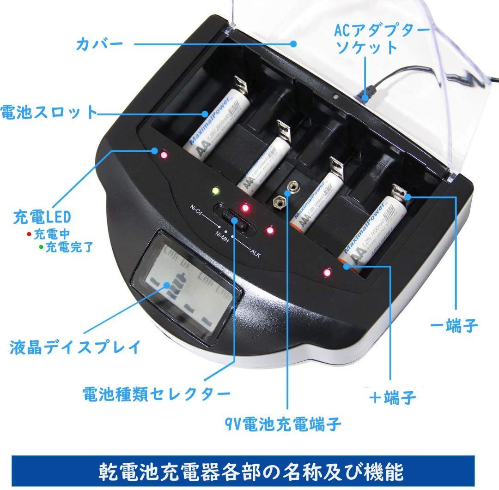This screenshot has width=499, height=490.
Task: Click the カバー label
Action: (x=99, y=45)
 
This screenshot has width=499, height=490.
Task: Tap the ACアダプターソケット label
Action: (x=382, y=39)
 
